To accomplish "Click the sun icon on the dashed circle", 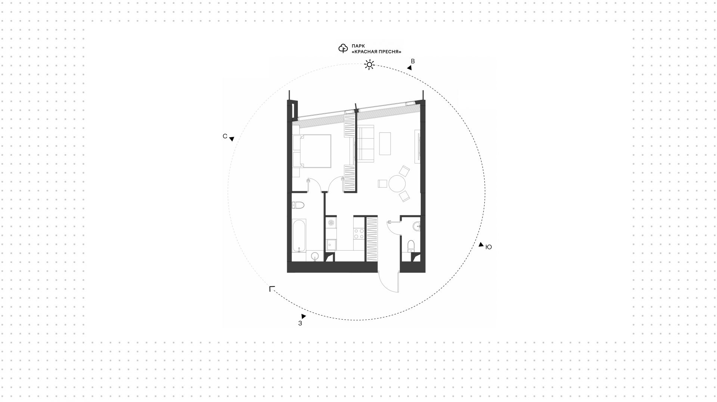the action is [369, 65].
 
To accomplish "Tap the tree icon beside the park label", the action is [343, 48].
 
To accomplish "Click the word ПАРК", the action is [358, 46].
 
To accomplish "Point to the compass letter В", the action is [413, 61].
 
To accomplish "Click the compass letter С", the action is [225, 136].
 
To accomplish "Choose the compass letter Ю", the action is [488, 247].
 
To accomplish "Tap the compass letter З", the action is [300, 323].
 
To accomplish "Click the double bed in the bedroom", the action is [312, 151].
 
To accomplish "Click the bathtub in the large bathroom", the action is [299, 235].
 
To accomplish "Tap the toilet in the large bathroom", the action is [298, 205].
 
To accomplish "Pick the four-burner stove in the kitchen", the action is [359, 233].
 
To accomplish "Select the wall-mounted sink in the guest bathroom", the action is [417, 225].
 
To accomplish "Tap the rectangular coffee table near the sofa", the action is [385, 144].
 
